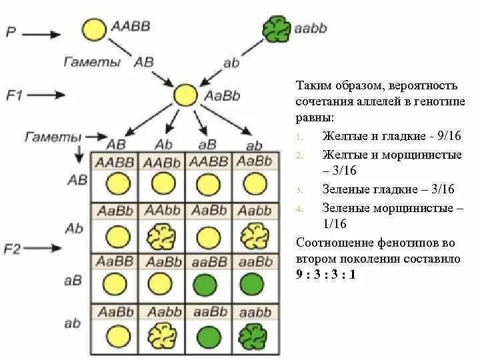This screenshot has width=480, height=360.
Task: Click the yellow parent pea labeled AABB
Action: [94, 30]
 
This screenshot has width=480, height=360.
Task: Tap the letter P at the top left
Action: [11, 32]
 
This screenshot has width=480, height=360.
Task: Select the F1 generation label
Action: [15, 95]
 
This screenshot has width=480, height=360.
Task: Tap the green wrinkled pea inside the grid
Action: [251, 332]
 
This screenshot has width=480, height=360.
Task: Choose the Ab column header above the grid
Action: [164, 145]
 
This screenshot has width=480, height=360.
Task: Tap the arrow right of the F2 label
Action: [48, 249]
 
